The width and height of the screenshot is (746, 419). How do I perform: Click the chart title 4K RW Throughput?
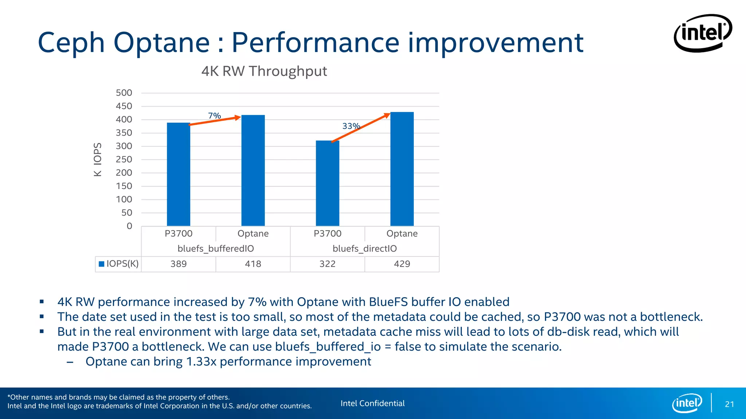coord(264,71)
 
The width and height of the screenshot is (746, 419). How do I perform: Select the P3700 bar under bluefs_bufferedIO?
coord(178,175)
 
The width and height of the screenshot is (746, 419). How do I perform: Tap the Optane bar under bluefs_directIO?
coord(402,169)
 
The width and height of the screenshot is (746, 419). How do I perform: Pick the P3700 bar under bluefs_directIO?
coord(327,184)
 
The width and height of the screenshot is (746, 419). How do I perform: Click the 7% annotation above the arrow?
coord(215,116)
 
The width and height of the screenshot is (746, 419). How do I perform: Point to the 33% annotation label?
coord(351,126)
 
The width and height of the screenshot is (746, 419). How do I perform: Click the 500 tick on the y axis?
coord(124,93)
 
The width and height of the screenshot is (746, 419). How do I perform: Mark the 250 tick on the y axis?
coord(124,159)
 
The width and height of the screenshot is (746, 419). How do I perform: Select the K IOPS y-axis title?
coord(98,159)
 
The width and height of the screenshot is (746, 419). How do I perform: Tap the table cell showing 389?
coord(178,264)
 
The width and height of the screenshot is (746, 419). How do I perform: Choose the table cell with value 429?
coord(402,264)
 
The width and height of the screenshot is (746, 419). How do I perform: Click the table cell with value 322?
coord(327,264)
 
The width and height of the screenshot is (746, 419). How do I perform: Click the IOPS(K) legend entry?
coord(119,264)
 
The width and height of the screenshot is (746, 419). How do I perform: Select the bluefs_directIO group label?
coord(365,249)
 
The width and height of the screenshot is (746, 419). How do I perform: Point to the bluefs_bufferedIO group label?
coord(216,249)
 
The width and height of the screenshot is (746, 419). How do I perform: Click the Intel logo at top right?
coord(703,33)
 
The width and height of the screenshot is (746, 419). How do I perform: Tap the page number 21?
coord(729,404)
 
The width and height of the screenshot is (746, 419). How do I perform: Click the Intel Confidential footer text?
coord(372,403)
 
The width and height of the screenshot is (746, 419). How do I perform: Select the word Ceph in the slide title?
coord(71,43)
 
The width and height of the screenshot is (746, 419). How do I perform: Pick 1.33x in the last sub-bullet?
coord(201,362)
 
